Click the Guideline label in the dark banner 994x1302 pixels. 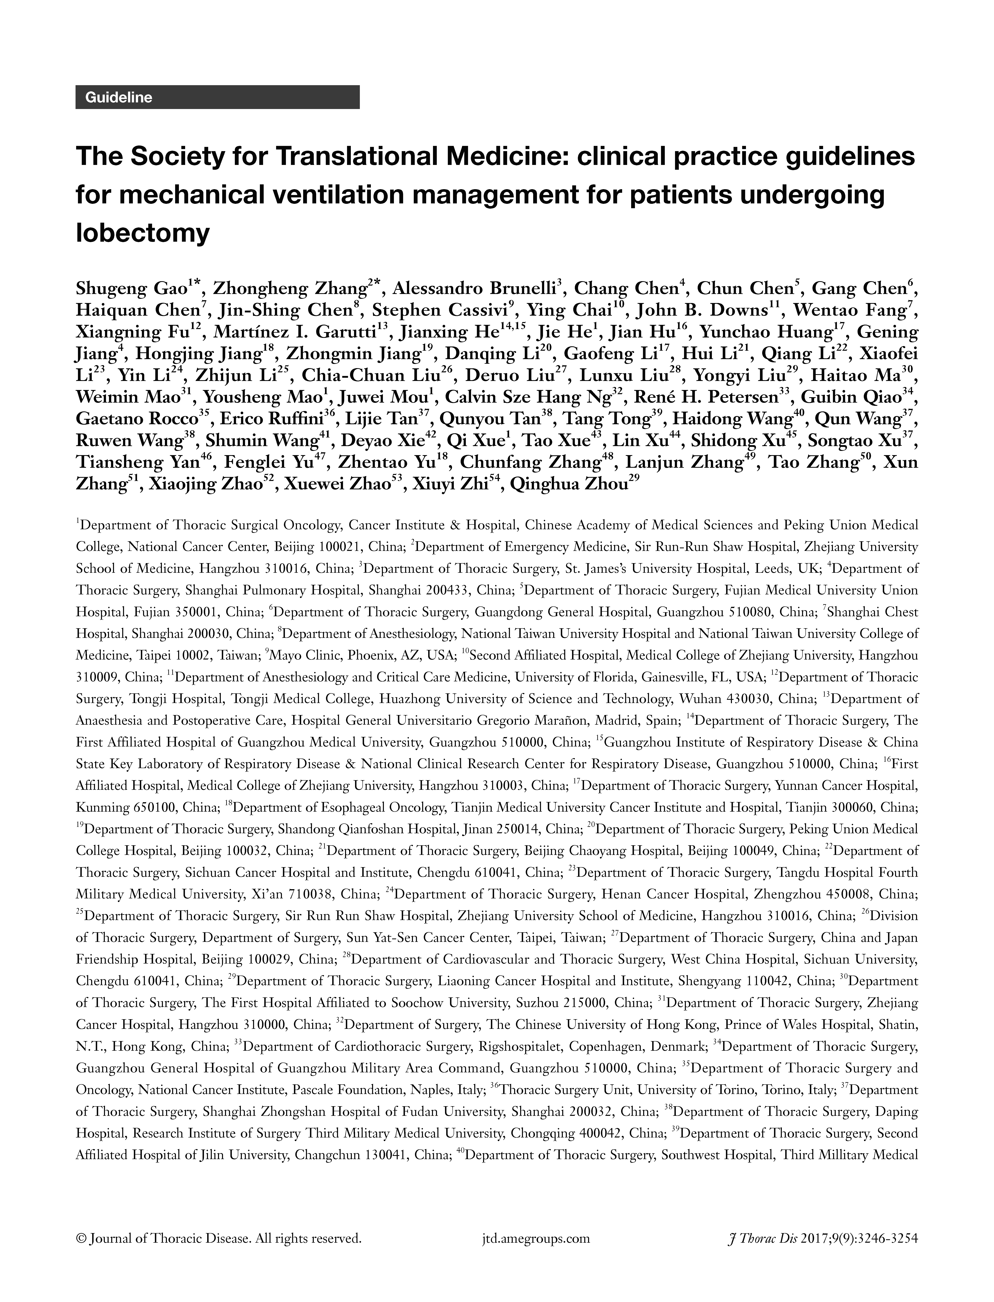[x=119, y=98]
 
